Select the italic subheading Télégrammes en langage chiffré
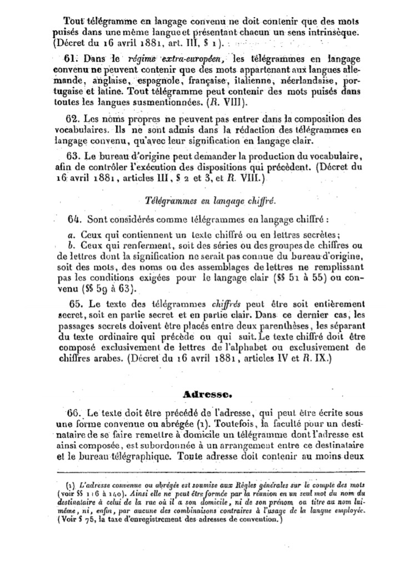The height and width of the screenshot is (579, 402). [x=207, y=201]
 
